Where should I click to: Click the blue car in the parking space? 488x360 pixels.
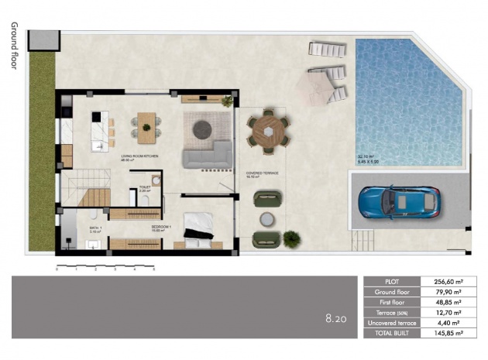400,203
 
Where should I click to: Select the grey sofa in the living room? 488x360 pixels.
207,155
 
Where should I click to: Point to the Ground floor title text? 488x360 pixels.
13,46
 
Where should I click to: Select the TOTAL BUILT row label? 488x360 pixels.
391,333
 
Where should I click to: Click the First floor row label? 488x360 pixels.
391,302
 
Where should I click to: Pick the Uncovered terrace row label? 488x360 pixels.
391,323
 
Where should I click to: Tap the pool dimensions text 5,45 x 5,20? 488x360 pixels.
369,163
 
